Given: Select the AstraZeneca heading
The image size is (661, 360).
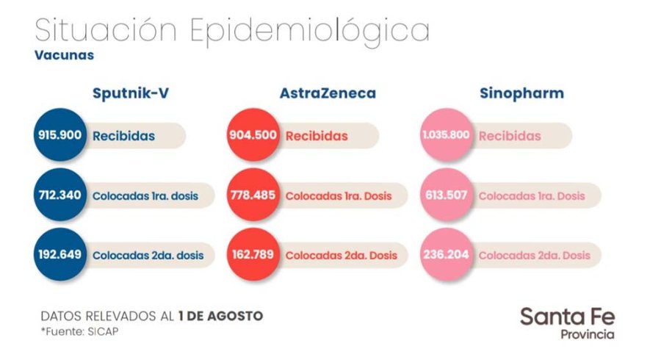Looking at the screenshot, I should (328, 93).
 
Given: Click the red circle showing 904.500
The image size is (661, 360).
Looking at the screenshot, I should (253, 136).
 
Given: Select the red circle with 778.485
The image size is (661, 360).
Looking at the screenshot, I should (253, 196).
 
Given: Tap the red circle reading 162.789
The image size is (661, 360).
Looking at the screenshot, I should (253, 255).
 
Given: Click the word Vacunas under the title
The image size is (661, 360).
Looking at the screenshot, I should (64, 54).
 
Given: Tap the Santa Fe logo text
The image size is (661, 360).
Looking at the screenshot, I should (567, 317).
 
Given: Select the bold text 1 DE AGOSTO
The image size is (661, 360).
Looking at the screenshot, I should (220, 316).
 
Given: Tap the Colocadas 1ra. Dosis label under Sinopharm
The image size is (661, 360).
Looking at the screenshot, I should (532, 196).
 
